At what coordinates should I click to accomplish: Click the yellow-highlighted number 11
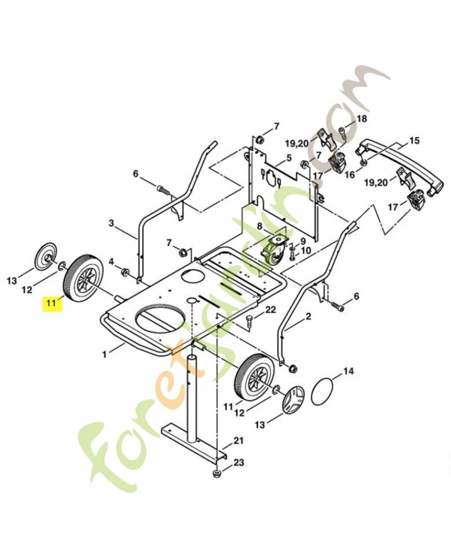click(50, 303)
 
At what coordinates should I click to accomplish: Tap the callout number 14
click(348, 372)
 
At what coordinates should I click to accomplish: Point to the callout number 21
click(239, 440)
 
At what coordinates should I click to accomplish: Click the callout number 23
click(239, 462)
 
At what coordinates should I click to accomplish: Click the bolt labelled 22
click(248, 321)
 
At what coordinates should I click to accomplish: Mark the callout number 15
click(414, 141)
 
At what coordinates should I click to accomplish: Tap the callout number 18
click(360, 120)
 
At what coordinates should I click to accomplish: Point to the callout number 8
click(259, 226)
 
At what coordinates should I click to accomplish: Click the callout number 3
click(111, 223)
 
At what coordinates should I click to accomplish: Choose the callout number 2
click(308, 316)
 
